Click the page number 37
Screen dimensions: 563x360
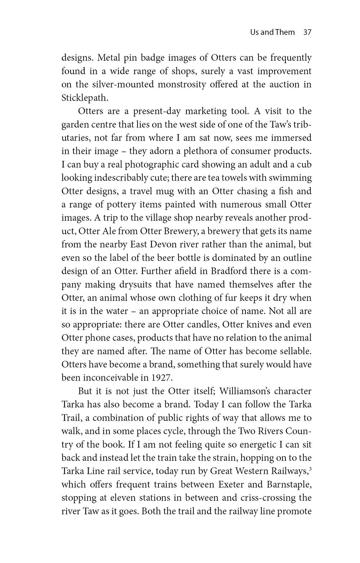click(x=307, y=32)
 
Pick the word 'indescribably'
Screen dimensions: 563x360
click(x=122, y=178)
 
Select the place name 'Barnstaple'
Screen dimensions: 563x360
click(x=289, y=485)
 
